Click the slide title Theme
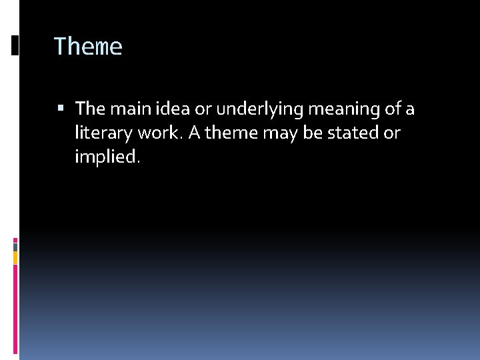click(x=88, y=47)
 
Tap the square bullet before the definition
click(x=61, y=108)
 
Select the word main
click(x=123, y=108)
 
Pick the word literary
click(x=103, y=133)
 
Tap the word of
click(x=393, y=108)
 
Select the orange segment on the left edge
click(x=15, y=257)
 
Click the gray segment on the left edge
click(x=15, y=246)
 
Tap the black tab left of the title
click(x=15, y=45)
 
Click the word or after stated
click(x=392, y=133)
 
